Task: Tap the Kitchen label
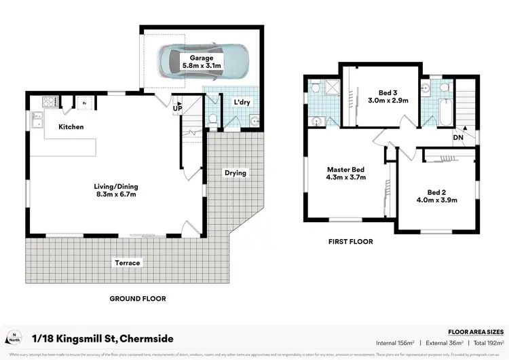(x=71, y=127)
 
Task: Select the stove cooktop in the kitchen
(x=50, y=103)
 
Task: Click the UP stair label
(x=178, y=108)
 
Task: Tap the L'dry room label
(x=242, y=103)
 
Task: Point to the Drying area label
(x=235, y=173)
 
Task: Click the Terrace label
(x=127, y=263)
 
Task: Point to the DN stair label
(x=459, y=139)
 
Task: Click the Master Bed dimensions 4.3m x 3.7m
(x=346, y=178)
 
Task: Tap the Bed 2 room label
(x=437, y=192)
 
